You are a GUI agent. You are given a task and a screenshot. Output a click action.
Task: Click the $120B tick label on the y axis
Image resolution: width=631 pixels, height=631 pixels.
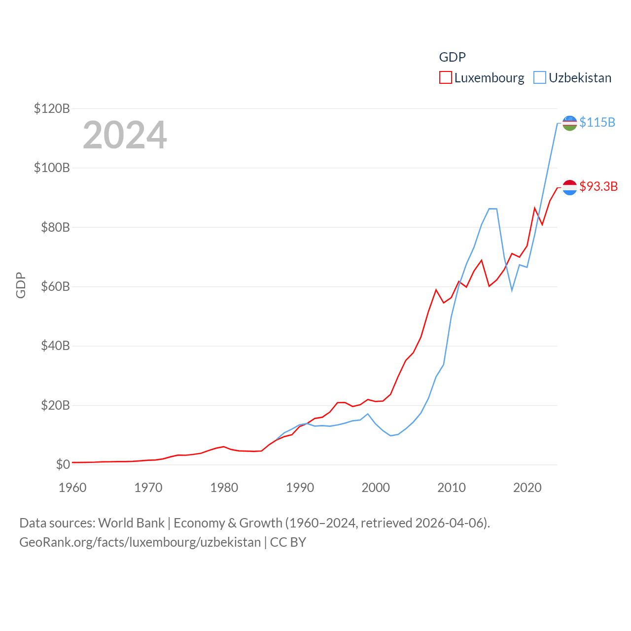point(52,108)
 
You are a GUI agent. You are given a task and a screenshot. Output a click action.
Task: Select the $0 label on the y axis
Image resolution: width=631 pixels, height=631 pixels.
point(63,464)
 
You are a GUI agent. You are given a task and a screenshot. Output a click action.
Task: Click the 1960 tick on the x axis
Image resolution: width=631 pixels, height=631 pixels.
point(72,488)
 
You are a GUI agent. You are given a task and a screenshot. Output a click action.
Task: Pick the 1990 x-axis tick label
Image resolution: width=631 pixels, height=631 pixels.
point(300,488)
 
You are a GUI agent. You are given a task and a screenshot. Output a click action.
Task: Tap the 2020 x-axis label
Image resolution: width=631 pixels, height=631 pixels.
point(527,488)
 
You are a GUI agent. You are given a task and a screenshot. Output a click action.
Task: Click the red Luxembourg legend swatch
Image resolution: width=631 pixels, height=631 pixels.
point(446,78)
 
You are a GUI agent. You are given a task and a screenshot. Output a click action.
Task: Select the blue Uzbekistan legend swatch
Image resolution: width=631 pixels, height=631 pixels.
point(540,78)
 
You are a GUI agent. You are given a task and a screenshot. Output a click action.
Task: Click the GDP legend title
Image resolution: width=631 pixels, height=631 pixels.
point(452,57)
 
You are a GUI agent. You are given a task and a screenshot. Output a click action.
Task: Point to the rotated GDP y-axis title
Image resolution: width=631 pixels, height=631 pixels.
point(21,285)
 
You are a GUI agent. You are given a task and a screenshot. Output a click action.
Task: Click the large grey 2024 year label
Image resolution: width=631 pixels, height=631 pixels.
point(125,135)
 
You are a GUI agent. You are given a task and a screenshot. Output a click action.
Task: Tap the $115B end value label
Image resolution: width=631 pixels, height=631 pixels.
point(597,122)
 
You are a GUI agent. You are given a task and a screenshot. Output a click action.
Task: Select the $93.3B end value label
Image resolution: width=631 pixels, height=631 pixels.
point(598,186)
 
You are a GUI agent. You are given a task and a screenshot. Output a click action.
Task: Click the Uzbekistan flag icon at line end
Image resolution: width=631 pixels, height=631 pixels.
point(569,123)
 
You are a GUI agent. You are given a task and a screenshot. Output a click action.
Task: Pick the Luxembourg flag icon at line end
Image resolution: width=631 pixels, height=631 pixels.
point(569,187)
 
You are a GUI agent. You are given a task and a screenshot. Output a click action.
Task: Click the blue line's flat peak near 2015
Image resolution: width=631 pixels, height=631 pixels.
point(492,209)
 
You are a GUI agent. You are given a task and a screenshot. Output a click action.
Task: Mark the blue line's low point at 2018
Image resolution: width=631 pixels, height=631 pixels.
point(512,290)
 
